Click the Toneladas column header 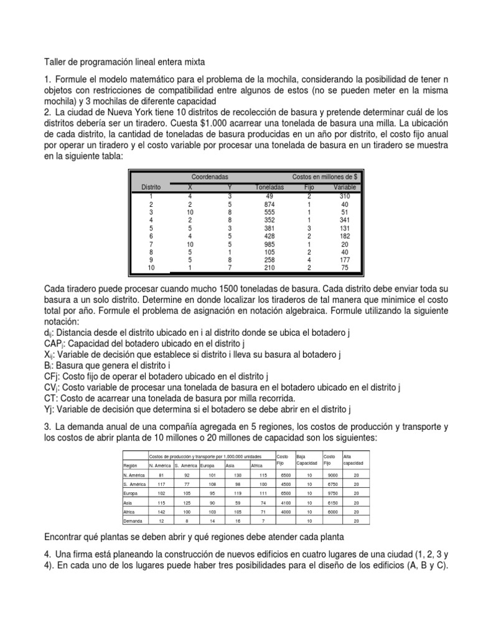pos(269,186)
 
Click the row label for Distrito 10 pos(151,268)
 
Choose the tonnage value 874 pos(269,204)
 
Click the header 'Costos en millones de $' pos(324,177)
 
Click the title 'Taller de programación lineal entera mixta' pos(123,62)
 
